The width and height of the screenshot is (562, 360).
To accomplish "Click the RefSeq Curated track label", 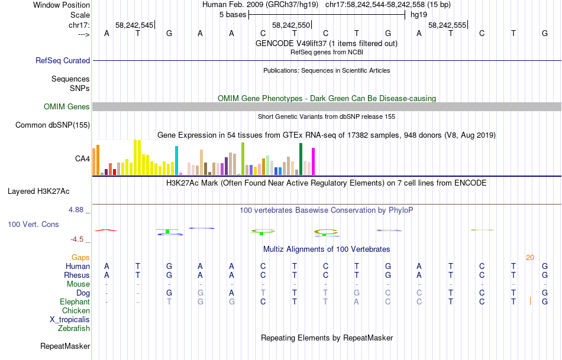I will [x=63, y=60].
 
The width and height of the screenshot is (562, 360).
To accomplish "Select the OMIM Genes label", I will [x=67, y=107].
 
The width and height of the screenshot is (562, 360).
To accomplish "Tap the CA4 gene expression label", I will [x=82, y=158].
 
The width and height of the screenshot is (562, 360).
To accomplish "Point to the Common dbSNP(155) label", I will [x=53, y=125].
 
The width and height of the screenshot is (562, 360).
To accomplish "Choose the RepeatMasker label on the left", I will [x=65, y=346].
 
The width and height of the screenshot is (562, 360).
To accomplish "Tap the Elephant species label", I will [x=75, y=301].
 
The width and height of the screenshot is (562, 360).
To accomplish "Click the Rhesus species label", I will [x=77, y=275].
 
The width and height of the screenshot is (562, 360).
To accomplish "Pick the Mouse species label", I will [x=79, y=284].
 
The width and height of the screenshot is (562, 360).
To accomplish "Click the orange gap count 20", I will [x=529, y=257].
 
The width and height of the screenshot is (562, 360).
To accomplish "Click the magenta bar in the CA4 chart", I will [x=313, y=161].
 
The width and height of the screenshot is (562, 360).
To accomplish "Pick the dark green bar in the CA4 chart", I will [x=301, y=158].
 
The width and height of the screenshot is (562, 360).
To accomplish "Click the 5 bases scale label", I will [x=230, y=14].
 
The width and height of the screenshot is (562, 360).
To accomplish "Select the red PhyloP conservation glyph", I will [x=106, y=230].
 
